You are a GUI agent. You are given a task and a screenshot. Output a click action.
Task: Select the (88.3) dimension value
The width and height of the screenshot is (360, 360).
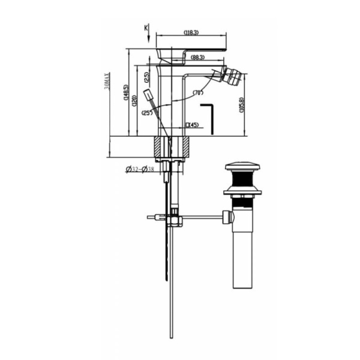pyautogui.click(x=198, y=58)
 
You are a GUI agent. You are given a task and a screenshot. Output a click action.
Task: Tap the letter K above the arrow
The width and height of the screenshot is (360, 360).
pyautogui.click(x=146, y=28)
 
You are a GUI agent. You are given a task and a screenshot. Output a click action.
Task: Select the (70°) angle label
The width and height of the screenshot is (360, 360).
pyautogui.click(x=200, y=93)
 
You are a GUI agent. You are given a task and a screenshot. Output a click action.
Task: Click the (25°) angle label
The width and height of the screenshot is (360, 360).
pyautogui.click(x=146, y=113)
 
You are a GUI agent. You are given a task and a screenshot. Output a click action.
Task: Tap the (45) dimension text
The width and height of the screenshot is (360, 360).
pyautogui.click(x=193, y=125)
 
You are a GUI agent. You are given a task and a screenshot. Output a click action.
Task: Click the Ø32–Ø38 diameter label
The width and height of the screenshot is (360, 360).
pyautogui.click(x=140, y=170)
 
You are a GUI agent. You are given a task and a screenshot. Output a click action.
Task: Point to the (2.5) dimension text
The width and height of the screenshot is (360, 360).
pyautogui.click(x=147, y=77)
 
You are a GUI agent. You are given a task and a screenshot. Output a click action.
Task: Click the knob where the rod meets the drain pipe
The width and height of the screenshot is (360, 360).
pyautogui.click(x=227, y=217)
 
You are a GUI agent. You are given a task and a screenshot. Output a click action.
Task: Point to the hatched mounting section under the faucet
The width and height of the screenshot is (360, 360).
pyautogui.click(x=172, y=146)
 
